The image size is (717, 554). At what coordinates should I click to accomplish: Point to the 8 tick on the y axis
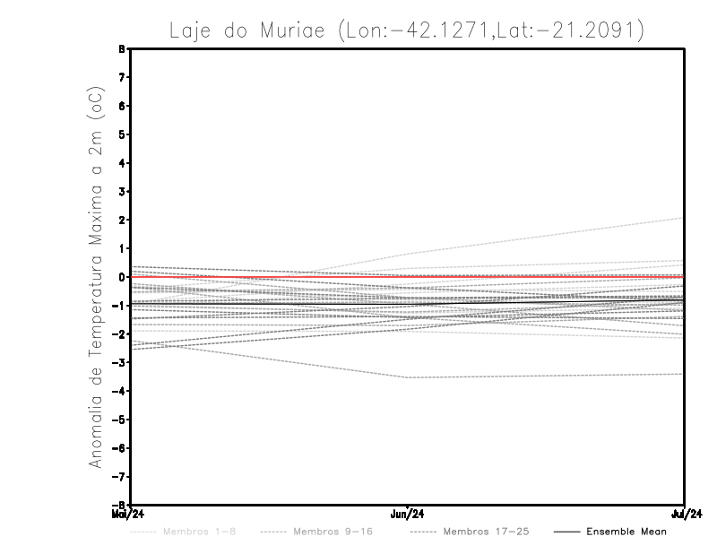[122, 48]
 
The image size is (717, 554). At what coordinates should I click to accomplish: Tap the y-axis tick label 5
[122, 134]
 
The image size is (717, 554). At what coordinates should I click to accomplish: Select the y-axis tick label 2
[122, 220]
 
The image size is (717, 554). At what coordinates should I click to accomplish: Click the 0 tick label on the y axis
[122, 277]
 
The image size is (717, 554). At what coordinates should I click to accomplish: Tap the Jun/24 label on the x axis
[408, 515]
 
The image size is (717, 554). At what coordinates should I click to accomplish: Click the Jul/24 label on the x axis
[685, 515]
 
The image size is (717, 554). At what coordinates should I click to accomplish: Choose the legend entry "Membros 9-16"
[333, 532]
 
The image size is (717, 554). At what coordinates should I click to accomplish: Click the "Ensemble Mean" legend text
[626, 532]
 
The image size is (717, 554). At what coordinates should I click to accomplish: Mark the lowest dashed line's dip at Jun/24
[408, 377]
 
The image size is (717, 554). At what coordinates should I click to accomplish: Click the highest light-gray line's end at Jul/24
[684, 218]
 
